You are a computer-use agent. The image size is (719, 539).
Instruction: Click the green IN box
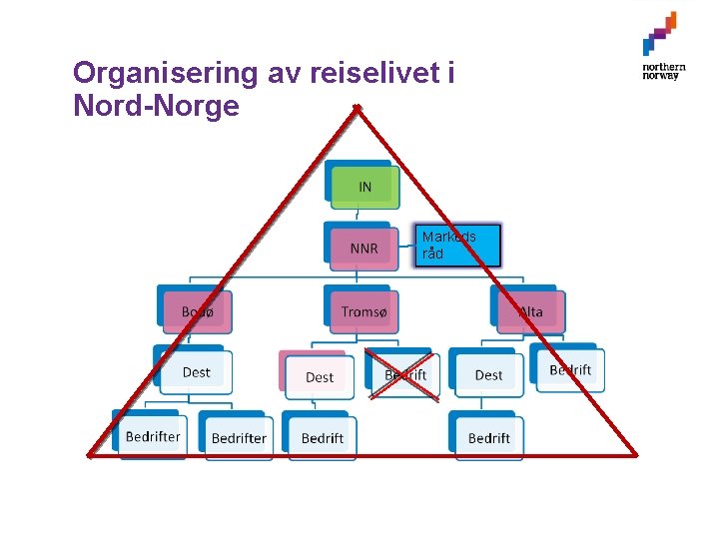click(x=364, y=187)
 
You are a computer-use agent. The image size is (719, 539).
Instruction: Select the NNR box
click(x=364, y=247)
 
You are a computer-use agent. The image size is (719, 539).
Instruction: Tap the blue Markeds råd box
click(x=457, y=246)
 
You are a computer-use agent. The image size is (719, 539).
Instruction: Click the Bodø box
click(x=197, y=312)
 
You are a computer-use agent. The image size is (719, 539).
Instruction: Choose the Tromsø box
click(x=363, y=312)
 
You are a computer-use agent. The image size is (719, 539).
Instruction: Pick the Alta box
click(x=530, y=312)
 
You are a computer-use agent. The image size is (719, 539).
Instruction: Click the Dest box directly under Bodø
click(x=196, y=372)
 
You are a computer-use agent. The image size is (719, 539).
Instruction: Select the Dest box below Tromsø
click(x=320, y=376)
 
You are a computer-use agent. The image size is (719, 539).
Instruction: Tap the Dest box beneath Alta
click(x=488, y=374)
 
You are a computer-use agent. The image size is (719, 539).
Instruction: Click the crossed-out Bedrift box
click(x=405, y=374)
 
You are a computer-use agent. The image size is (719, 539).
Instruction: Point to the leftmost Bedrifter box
click(x=153, y=436)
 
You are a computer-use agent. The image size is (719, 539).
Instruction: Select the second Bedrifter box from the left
click(x=239, y=437)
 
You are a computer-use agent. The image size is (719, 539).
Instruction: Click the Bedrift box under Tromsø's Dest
click(x=322, y=437)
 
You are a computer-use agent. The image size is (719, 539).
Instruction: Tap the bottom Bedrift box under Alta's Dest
click(x=488, y=437)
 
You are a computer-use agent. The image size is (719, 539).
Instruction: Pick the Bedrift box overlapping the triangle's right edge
click(x=570, y=369)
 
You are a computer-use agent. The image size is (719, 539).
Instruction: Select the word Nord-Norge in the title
click(x=156, y=105)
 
